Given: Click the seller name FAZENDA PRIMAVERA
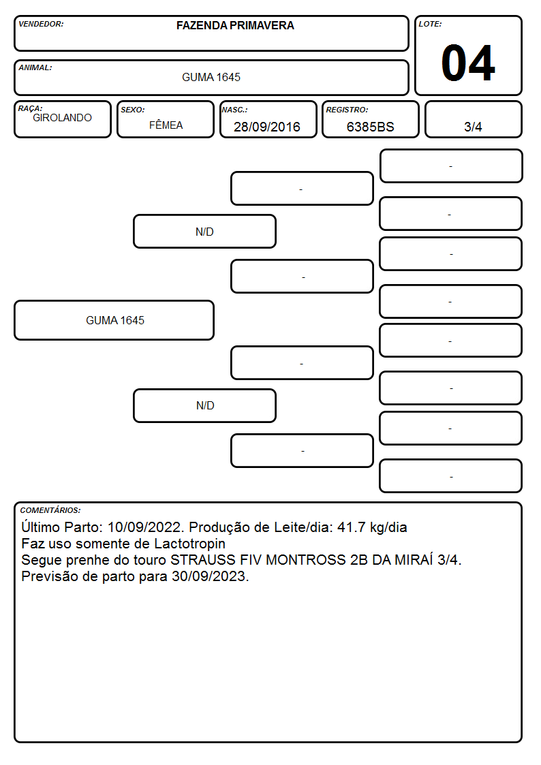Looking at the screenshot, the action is [x=235, y=25].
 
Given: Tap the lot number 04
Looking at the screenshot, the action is [x=468, y=63].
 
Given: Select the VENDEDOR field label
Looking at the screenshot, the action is [x=41, y=24].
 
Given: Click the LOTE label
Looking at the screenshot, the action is [x=430, y=24].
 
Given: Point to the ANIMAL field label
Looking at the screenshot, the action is [x=35, y=68].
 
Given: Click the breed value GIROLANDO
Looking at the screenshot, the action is [x=62, y=118].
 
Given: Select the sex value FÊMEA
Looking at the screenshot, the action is [x=166, y=125].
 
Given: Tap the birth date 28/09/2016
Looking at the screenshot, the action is [x=267, y=127].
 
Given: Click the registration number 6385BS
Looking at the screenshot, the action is [x=370, y=127].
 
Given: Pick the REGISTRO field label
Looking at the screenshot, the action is [x=347, y=110].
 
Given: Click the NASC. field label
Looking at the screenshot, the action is [x=234, y=110].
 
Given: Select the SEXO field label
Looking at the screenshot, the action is [x=133, y=110].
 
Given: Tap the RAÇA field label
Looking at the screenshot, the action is [x=30, y=108].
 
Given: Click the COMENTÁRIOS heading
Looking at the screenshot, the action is [x=50, y=510].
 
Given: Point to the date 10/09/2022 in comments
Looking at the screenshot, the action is [x=145, y=527].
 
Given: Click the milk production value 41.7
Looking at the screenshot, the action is [x=352, y=527].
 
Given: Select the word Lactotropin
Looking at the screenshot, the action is [x=190, y=544].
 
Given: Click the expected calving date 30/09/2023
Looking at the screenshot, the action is [x=208, y=577].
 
